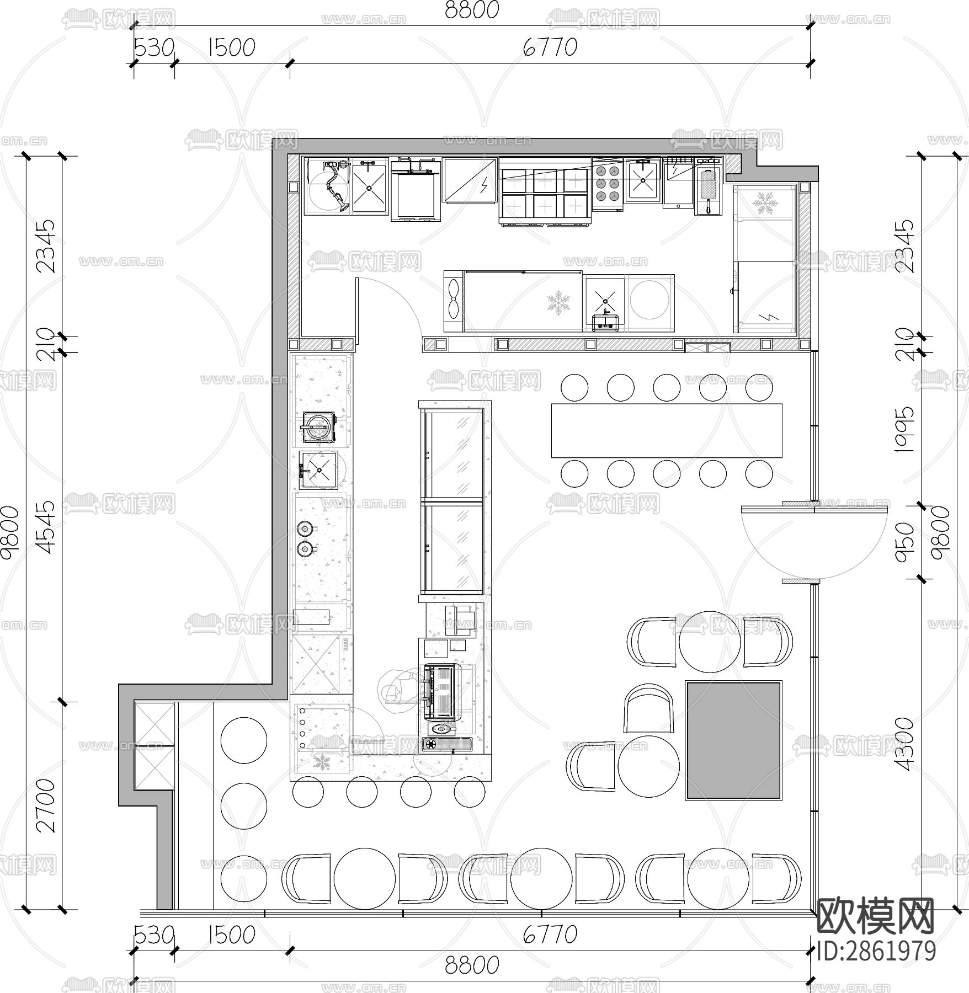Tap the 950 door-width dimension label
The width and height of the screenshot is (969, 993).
tap(904, 542)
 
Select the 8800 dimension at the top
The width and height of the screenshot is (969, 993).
tap(471, 10)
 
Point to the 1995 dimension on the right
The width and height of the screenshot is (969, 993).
tap(904, 430)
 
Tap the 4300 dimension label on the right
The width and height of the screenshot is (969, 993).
tap(904, 743)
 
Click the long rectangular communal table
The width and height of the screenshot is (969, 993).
tap(667, 430)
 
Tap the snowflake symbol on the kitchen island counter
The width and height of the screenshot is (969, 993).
tap(558, 304)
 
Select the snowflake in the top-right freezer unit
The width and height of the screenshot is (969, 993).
tap(765, 202)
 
